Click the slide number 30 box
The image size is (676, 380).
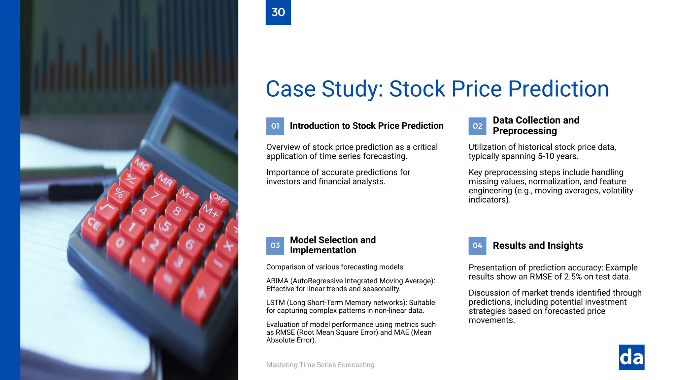point(278,12)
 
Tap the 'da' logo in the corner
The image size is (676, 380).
point(631,357)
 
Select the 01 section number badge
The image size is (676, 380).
point(275,126)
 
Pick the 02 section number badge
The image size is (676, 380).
point(477,126)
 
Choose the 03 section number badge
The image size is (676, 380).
point(275,245)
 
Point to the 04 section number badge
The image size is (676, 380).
point(477,245)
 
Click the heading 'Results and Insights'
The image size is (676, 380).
point(538,245)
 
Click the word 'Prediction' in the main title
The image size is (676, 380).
point(558,89)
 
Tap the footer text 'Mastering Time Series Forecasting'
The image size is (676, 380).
point(320,365)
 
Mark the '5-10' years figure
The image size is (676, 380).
point(546,156)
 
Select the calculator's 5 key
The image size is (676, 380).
point(166,227)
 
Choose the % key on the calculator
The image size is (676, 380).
point(119,193)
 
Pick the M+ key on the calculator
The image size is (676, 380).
point(211,211)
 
